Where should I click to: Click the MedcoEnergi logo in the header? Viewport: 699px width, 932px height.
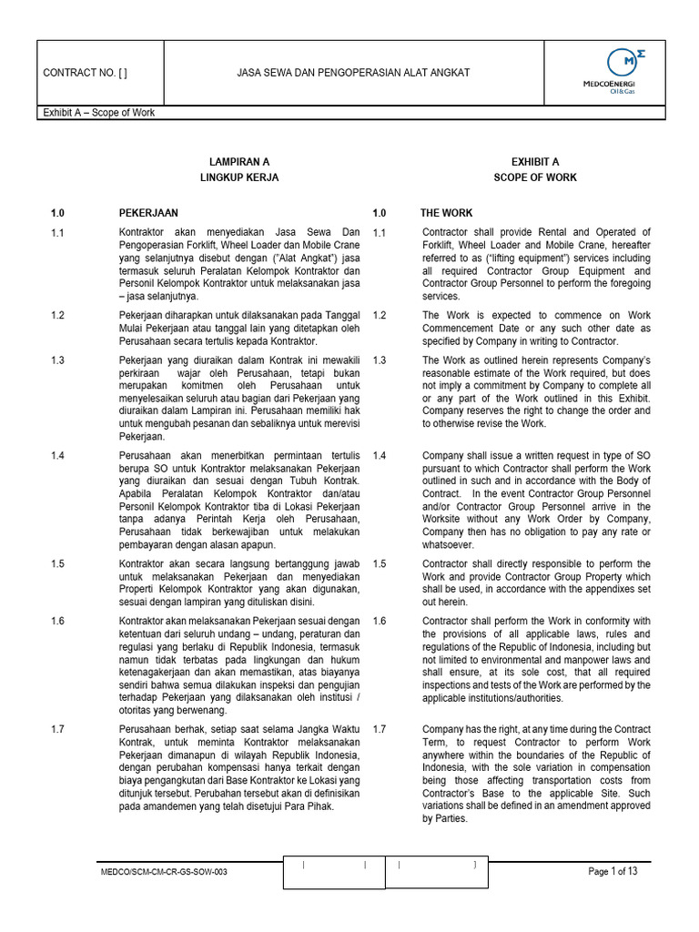621,73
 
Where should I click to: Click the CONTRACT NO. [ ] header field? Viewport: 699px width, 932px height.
91,73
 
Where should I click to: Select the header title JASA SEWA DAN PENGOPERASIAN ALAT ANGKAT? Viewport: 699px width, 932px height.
353,73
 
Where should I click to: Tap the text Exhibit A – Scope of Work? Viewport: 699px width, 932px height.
98,113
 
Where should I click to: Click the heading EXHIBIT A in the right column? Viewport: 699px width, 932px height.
535,162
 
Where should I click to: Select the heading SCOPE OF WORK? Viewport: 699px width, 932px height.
535,177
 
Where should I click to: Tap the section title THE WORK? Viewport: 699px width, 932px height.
446,213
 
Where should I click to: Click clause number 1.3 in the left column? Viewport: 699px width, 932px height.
57,360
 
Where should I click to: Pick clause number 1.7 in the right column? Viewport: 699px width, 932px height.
380,729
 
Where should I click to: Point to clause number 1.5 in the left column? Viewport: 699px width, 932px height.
57,564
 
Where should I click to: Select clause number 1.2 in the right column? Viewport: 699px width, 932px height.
380,315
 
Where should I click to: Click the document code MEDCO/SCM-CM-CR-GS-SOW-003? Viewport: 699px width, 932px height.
164,872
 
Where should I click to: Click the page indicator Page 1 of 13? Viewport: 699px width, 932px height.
613,872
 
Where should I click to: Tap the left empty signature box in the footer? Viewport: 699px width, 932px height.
334,872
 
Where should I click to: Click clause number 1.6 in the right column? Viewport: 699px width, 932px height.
380,622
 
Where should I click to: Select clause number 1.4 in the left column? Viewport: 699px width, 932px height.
57,455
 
